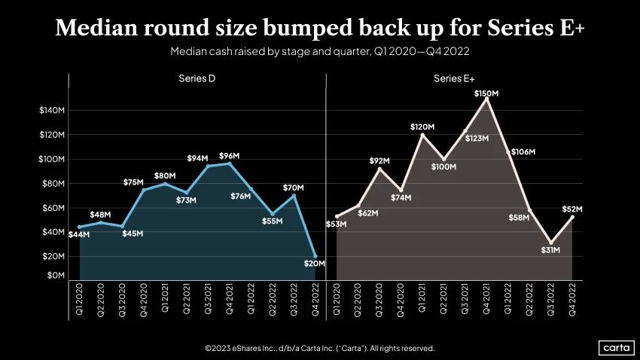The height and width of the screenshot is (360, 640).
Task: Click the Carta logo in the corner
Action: coord(617,348)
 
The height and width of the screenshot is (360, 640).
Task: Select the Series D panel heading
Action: coord(197,78)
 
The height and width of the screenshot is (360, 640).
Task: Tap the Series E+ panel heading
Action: coord(454,78)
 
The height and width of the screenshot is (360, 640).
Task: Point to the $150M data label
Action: coord(486,93)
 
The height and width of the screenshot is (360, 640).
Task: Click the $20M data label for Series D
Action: coord(314,264)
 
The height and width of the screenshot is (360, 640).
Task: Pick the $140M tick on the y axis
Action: coord(52,110)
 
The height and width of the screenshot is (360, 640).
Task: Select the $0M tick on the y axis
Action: coord(56,276)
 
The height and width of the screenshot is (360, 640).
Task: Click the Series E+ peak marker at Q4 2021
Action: coord(486,99)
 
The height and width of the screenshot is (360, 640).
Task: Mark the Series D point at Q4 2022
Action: coord(315,256)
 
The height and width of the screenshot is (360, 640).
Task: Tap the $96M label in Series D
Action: coord(230,156)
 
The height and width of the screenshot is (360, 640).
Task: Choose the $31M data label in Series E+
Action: coord(550,250)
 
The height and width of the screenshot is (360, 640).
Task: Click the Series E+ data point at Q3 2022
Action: coord(551,243)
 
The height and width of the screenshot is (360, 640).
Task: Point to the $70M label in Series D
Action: coord(294,188)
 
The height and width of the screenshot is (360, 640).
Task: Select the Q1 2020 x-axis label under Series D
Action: coord(79,299)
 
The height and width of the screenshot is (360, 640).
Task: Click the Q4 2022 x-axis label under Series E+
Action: coord(572,299)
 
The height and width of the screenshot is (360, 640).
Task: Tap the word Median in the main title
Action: coord(96,28)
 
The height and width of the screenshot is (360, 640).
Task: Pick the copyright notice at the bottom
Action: coord(319,348)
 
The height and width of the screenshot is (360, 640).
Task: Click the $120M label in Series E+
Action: coord(422,127)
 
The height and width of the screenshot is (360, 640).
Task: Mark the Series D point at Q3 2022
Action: coord(294,196)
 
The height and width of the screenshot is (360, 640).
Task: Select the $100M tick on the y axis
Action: coord(51,159)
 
